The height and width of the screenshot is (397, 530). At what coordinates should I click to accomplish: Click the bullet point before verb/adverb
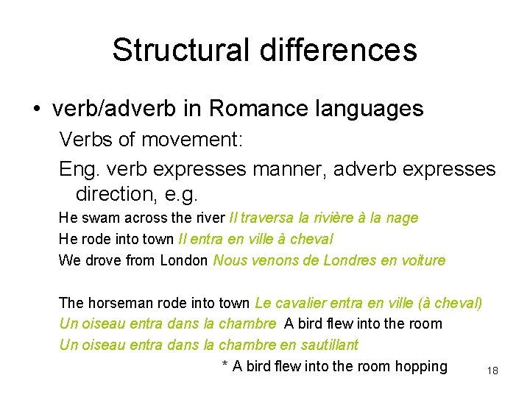coord(36,110)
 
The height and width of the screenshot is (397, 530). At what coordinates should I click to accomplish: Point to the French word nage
coord(402,218)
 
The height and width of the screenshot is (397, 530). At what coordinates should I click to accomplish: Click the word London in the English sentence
coord(183,260)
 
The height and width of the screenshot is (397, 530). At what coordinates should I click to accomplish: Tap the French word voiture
coord(420,260)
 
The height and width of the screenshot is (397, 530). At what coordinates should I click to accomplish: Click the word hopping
coord(421,366)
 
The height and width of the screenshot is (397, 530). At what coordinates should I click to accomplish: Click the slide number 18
coord(492,371)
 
